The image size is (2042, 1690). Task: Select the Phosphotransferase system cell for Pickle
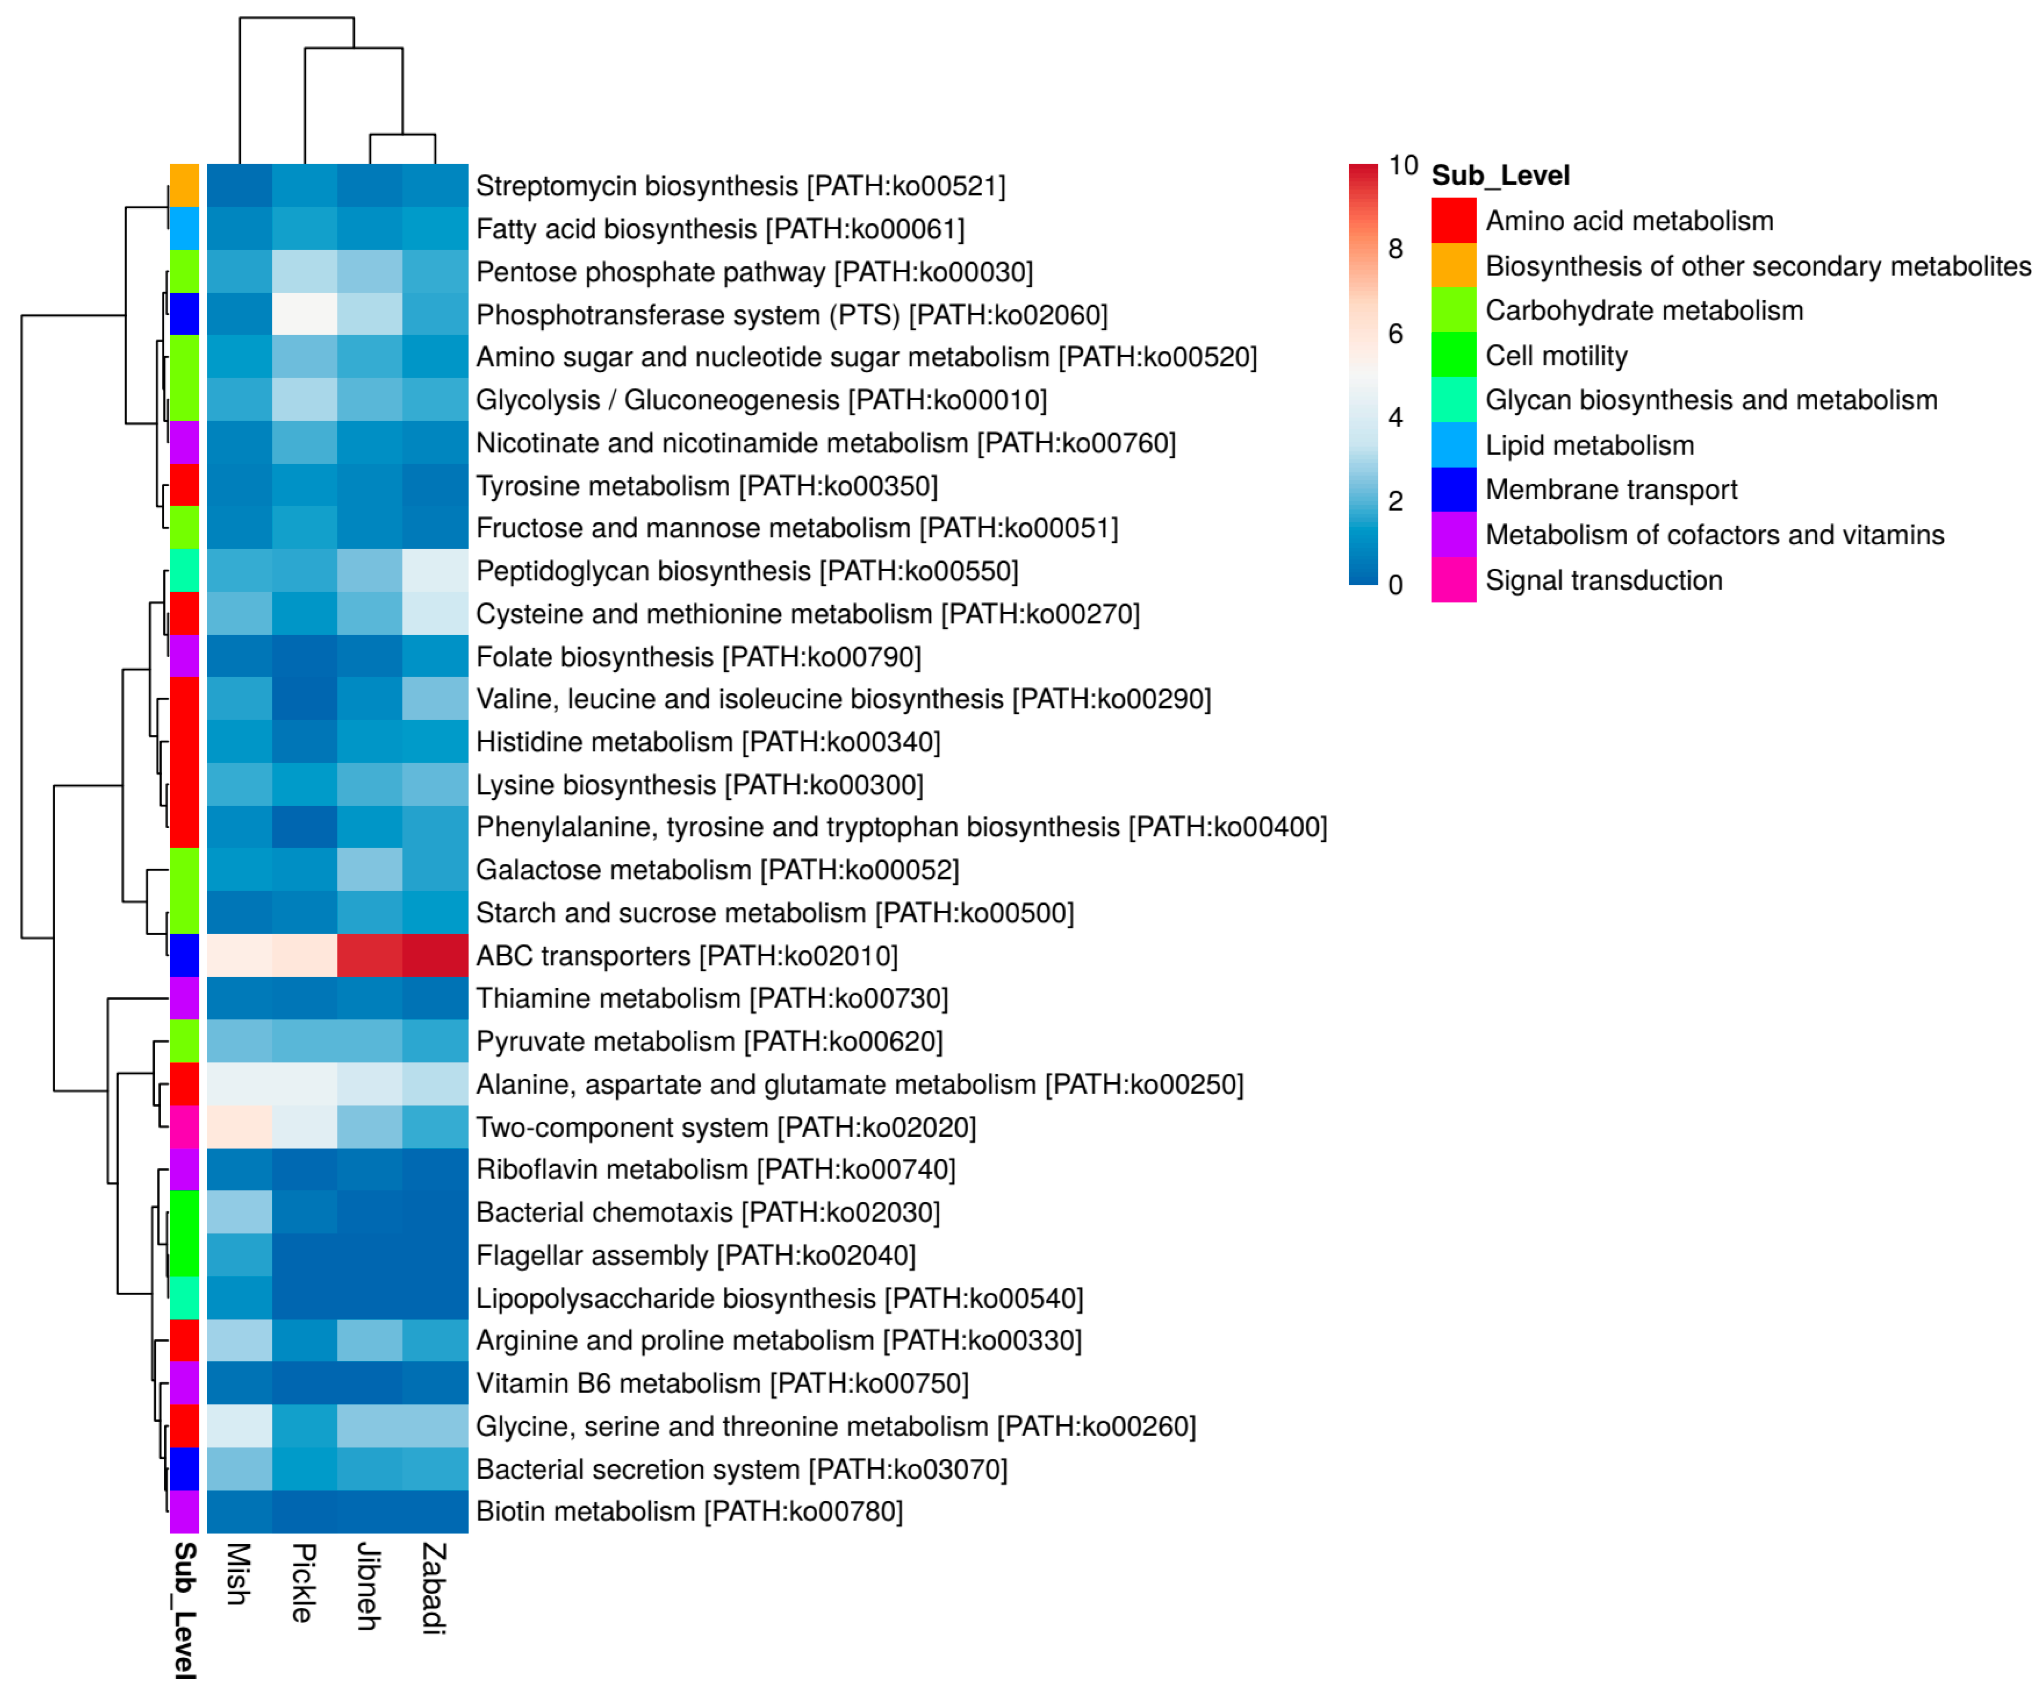[304, 314]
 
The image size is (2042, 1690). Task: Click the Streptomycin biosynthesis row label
[740, 186]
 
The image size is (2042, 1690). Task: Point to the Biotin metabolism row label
[689, 1511]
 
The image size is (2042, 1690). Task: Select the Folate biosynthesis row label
[698, 656]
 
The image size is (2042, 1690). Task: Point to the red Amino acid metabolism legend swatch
[1453, 221]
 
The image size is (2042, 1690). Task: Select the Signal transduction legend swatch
[1453, 579]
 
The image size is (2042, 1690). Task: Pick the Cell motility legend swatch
[1453, 355]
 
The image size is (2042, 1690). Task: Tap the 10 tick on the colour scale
[1402, 165]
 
